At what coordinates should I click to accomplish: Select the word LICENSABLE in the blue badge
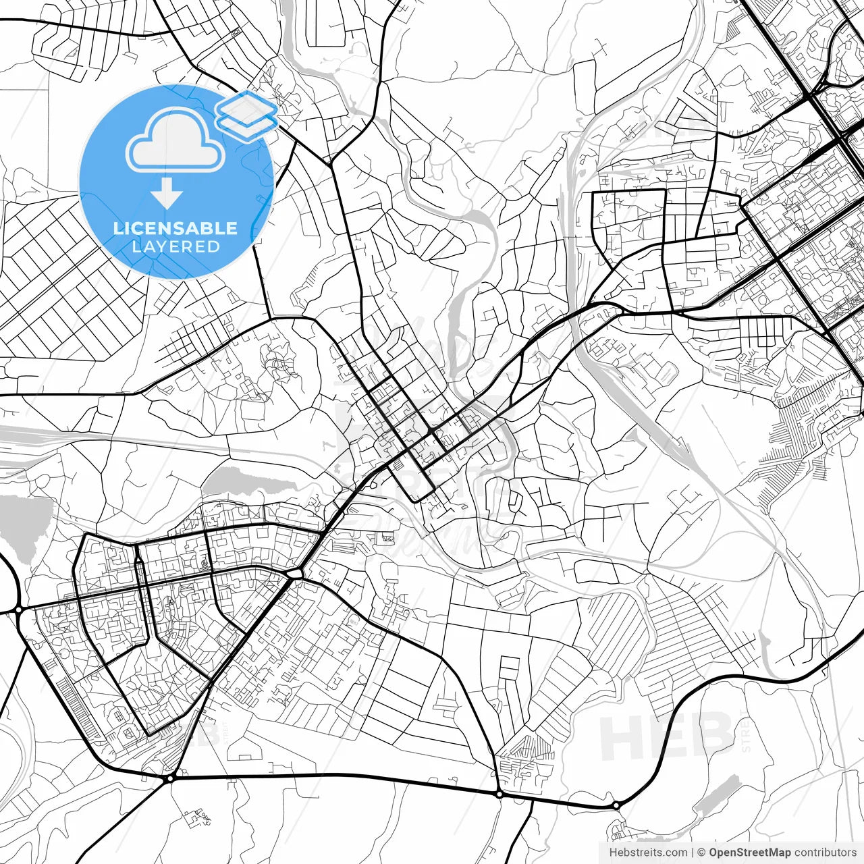pyautogui.click(x=175, y=228)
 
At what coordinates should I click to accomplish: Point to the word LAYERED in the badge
pyautogui.click(x=175, y=246)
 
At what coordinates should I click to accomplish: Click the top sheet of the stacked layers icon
pyautogui.click(x=246, y=106)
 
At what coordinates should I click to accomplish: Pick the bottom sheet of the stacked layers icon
pyautogui.click(x=247, y=124)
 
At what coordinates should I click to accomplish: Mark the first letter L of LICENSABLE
pyautogui.click(x=117, y=228)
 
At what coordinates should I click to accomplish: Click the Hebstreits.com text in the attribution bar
pyautogui.click(x=648, y=853)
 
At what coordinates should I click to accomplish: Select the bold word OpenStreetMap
pyautogui.click(x=749, y=853)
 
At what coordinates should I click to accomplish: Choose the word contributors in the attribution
pyautogui.click(x=825, y=853)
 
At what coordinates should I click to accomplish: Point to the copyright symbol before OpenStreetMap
pyautogui.click(x=701, y=853)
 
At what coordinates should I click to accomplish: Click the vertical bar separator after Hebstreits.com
pyautogui.click(x=693, y=853)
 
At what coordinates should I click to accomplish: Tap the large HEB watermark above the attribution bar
pyautogui.click(x=665, y=736)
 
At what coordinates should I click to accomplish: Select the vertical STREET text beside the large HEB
pyautogui.click(x=745, y=732)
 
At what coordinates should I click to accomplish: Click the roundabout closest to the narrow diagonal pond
pyautogui.click(x=616, y=805)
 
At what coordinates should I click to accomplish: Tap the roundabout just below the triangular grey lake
pyautogui.click(x=18, y=610)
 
